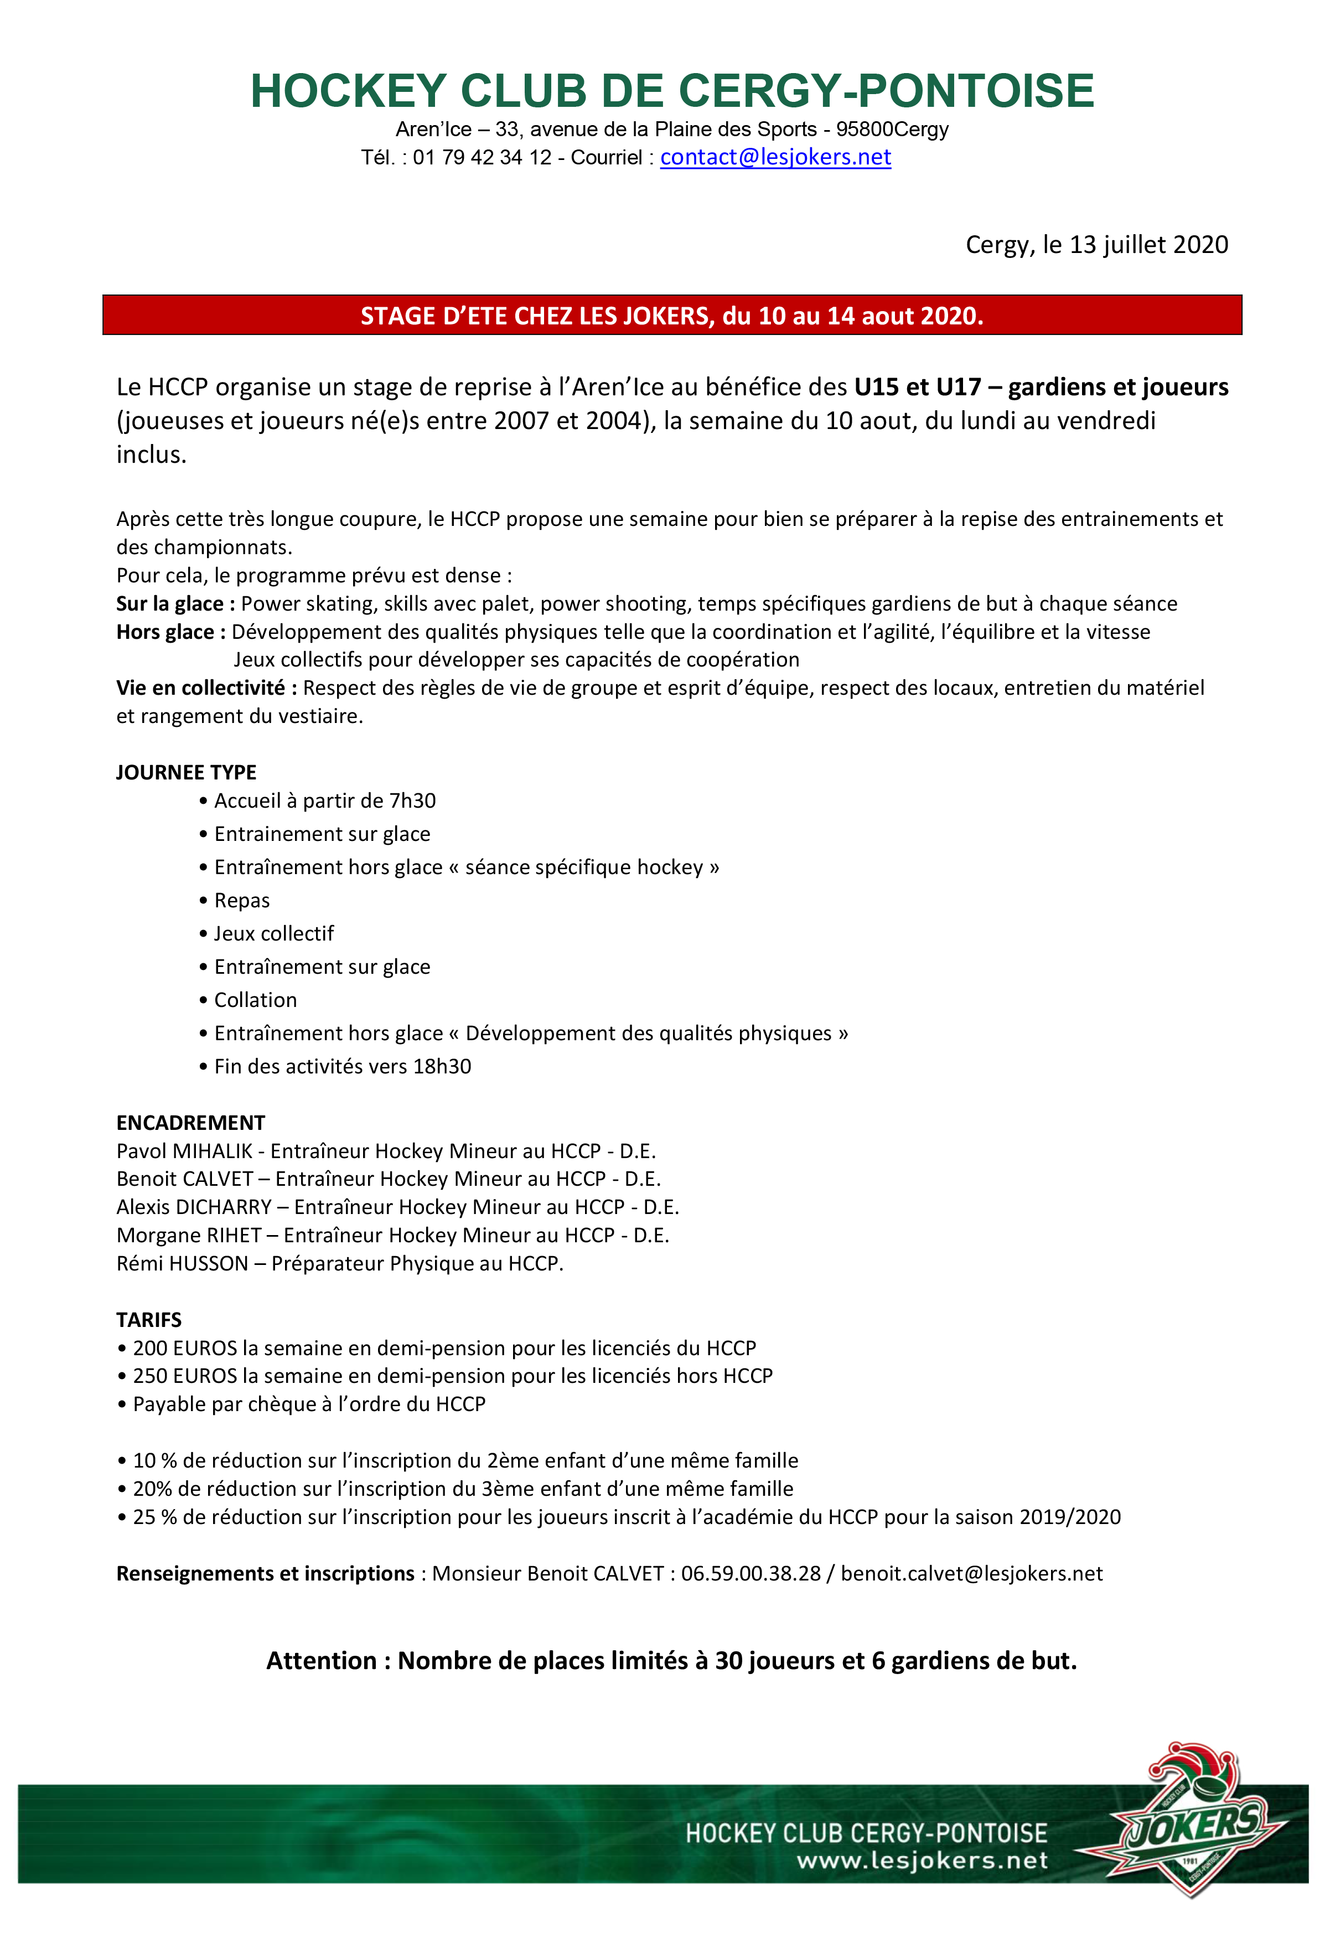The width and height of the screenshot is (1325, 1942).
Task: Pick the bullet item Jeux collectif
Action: point(273,933)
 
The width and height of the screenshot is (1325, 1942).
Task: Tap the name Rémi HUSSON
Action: point(182,1263)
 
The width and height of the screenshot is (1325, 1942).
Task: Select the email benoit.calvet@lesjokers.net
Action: point(971,1573)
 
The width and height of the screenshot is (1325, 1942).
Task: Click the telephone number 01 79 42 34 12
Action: point(482,158)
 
